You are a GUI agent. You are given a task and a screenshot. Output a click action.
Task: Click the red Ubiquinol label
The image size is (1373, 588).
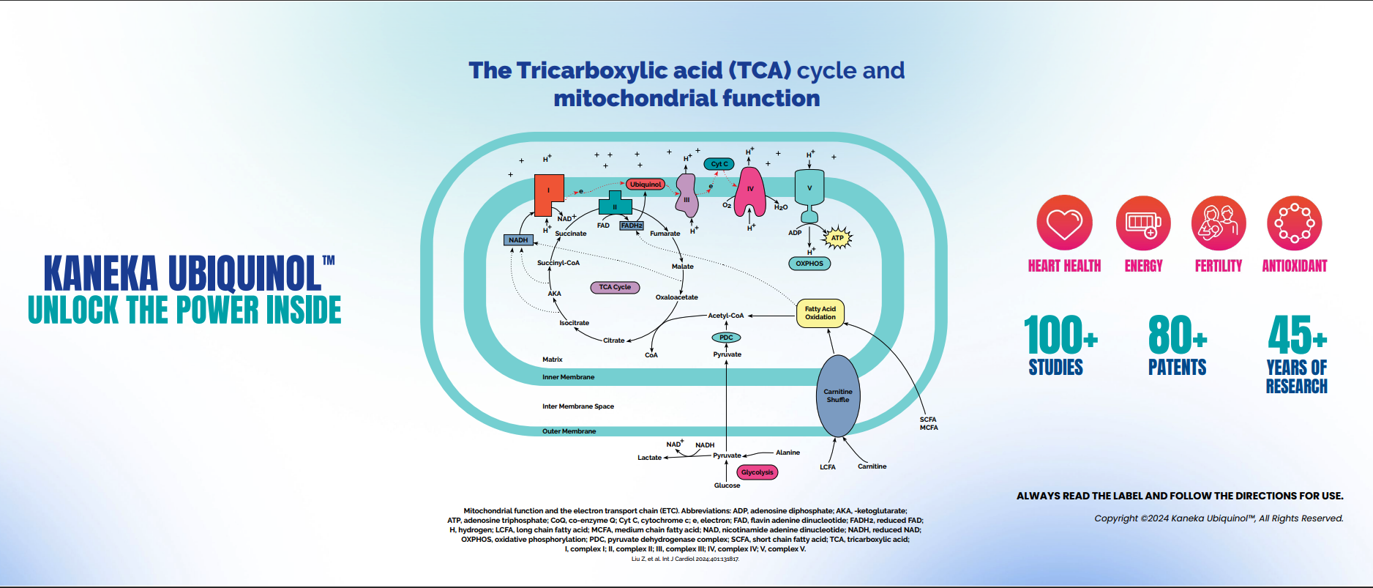pyautogui.click(x=645, y=185)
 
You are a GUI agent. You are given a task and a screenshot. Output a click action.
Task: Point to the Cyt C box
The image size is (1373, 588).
pyautogui.click(x=719, y=164)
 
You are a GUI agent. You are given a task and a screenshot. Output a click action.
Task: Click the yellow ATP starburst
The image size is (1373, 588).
pyautogui.click(x=837, y=238)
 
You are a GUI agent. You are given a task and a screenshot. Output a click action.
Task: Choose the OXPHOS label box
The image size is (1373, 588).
pyautogui.click(x=809, y=264)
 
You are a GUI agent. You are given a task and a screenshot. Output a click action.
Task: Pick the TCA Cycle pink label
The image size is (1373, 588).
pyautogui.click(x=615, y=287)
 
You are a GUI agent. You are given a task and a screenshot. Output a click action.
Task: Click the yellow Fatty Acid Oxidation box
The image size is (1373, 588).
pyautogui.click(x=820, y=313)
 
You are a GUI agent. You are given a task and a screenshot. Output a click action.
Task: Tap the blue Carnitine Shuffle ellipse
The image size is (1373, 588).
pyautogui.click(x=838, y=396)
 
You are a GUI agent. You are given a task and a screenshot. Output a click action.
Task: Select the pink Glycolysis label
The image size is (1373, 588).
pyautogui.click(x=757, y=472)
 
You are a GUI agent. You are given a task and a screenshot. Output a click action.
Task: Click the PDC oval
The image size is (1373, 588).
pyautogui.click(x=726, y=338)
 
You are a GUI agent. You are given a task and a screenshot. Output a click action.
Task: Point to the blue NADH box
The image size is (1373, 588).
pyautogui.click(x=518, y=240)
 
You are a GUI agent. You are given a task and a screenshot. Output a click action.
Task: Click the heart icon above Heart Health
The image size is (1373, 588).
pyautogui.click(x=1064, y=223)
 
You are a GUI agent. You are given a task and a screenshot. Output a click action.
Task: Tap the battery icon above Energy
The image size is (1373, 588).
pyautogui.click(x=1143, y=223)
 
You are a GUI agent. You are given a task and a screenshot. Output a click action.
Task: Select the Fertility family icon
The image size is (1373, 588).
pyautogui.click(x=1219, y=223)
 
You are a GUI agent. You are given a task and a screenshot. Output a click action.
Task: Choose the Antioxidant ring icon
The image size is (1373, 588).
pyautogui.click(x=1294, y=223)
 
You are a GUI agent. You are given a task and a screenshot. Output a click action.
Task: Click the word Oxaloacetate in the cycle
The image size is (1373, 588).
pyautogui.click(x=676, y=297)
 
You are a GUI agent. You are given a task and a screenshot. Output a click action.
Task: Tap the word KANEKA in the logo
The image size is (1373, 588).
pyautogui.click(x=101, y=274)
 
